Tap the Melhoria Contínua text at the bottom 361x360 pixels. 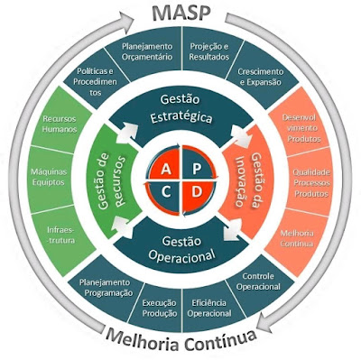(x=180, y=340)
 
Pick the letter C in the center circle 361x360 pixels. (x=165, y=191)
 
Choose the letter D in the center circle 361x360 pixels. (x=196, y=191)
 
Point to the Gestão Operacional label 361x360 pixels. (x=180, y=248)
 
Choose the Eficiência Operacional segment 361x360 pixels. (x=210, y=309)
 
